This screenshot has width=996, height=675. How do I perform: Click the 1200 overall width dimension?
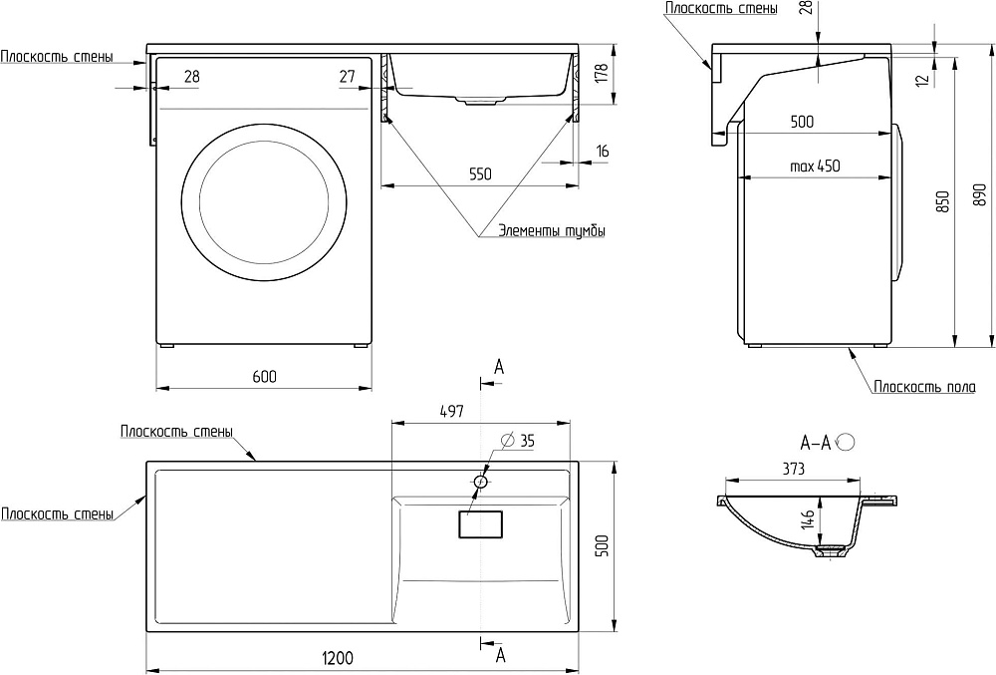point(339,658)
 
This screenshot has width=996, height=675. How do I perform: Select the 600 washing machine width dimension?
point(264,376)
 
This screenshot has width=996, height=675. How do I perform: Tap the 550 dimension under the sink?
point(480,173)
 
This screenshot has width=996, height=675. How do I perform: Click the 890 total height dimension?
point(979,194)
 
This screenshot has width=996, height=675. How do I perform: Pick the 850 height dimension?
point(941,204)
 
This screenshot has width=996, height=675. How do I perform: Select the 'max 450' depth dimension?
point(815,167)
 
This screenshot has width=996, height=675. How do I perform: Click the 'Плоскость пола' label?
point(925,387)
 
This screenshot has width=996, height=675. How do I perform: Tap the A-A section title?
point(817,440)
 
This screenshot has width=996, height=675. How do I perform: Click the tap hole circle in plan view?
point(481,483)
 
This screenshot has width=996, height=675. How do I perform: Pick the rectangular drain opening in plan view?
point(481,524)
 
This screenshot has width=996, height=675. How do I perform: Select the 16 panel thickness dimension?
point(603,152)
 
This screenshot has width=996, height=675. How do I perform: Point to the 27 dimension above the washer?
point(347,76)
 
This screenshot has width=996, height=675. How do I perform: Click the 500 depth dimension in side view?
point(801,122)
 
